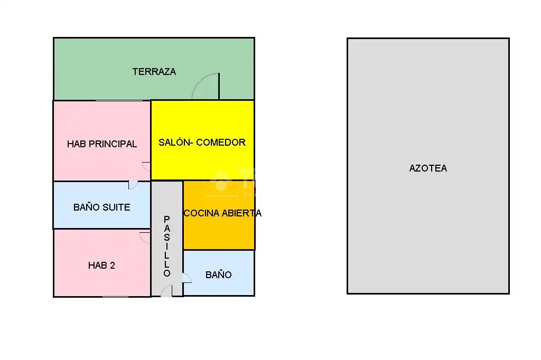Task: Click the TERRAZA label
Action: [x=154, y=71]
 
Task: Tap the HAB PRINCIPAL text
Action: [x=102, y=144]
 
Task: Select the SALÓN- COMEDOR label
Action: [x=202, y=142]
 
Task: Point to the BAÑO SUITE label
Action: [x=102, y=207]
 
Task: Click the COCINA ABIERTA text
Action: [x=222, y=213]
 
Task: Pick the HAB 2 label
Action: [x=101, y=265]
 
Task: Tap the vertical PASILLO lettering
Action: [x=167, y=246]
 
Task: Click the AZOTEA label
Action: [x=428, y=168]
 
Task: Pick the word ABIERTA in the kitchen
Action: [x=241, y=213]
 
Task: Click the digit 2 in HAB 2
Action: [x=112, y=265]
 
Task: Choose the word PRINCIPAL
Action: [x=113, y=144]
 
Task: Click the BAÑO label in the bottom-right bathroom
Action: [x=218, y=274]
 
